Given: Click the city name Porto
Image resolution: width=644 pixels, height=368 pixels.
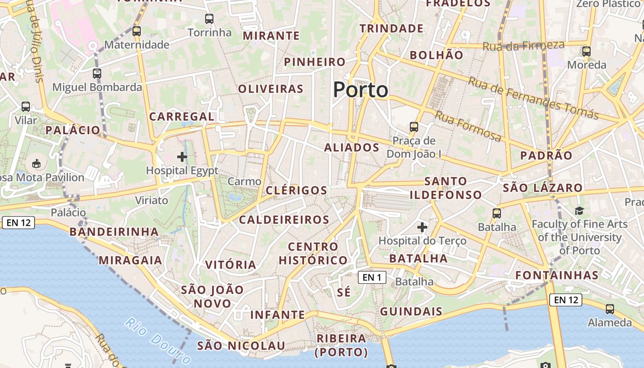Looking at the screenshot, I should coord(361,90).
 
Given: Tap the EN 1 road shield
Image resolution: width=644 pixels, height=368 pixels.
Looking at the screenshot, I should coord(372,277).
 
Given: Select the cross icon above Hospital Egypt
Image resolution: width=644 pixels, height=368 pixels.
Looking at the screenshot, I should coord(182,157).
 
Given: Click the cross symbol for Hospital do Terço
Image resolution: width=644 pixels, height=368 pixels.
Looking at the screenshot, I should coord(422,227).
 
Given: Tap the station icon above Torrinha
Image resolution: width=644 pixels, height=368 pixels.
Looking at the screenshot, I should coord(209,19).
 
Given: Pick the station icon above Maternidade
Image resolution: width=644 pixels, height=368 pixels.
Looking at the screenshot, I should coord(137,31).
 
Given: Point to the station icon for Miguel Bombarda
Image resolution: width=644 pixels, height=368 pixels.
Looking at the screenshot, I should coord(97,73).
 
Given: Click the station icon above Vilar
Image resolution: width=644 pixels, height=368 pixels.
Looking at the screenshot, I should coord(26,107).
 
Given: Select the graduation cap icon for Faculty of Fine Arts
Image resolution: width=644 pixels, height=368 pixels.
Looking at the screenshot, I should coord(579,211).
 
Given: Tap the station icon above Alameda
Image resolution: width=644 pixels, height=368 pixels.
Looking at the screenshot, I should coord(610,309).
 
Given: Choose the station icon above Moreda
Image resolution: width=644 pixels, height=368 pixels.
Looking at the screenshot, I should coord(586,51).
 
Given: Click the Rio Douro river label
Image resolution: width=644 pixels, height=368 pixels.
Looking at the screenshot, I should coord(157,341).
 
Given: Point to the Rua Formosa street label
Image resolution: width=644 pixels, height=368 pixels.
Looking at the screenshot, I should coord(468,126).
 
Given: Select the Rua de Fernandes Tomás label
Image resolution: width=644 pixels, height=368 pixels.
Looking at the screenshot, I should coord(533,98).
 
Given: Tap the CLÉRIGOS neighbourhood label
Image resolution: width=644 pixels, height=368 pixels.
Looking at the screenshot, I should coord(297,190).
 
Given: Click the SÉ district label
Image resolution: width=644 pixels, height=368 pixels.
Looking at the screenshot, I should coord(344,292).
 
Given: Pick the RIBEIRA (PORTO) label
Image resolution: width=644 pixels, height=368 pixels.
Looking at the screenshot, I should coord(341,345).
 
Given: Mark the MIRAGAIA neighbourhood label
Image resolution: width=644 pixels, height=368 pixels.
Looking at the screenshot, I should coord(131,260).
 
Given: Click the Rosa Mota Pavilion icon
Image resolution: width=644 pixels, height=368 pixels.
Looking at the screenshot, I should coord(36,163).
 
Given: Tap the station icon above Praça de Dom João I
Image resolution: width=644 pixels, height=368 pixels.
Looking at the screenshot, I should coord(414,126).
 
